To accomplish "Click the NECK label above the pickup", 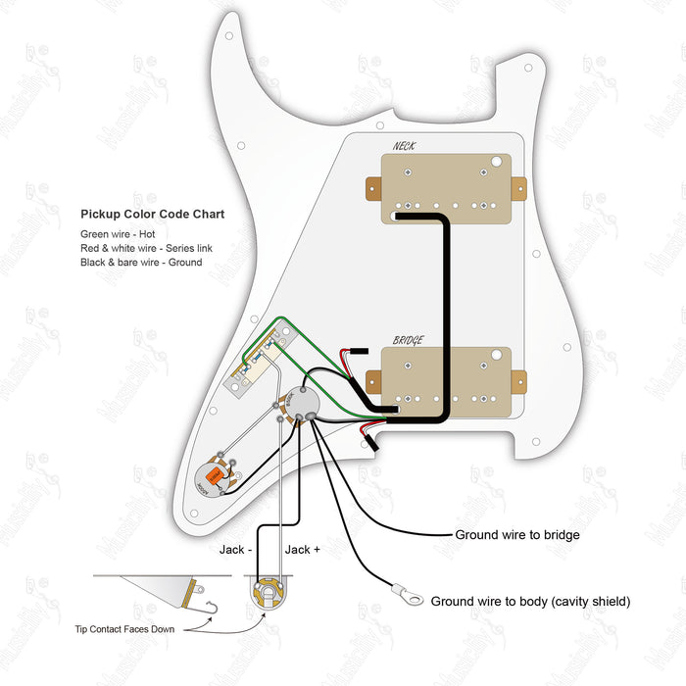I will [x=403, y=147].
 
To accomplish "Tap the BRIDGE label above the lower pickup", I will [x=409, y=340].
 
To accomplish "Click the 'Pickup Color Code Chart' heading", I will [x=152, y=214].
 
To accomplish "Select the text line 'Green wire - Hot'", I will [x=118, y=235].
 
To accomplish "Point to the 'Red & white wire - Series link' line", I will [x=146, y=249].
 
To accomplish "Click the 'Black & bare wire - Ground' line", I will [x=141, y=263].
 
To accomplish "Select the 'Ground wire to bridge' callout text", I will [x=517, y=535].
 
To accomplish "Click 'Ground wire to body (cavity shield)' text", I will [x=530, y=601].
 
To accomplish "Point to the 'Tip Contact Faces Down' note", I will [x=123, y=629].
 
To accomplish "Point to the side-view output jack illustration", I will [x=186, y=590].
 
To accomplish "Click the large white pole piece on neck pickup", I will [x=497, y=161].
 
